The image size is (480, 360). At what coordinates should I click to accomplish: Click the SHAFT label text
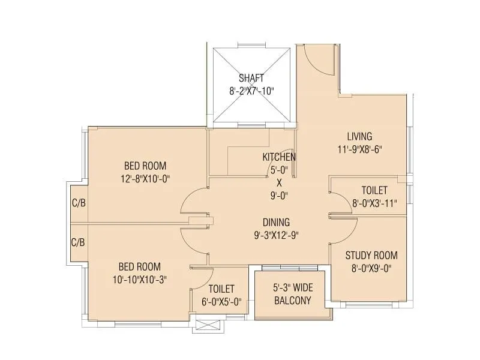pos(251,78)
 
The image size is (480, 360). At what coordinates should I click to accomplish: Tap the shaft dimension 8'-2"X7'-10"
pos(251,91)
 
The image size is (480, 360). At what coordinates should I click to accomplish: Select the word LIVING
pos(359,136)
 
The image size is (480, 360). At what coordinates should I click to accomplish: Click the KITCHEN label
pos(279,157)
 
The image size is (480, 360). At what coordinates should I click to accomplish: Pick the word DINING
pos(276,221)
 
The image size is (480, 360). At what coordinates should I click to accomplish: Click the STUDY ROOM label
pos(371,255)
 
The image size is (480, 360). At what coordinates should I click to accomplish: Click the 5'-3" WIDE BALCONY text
pos(293,294)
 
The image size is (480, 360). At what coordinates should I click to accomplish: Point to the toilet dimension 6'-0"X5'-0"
pos(221,302)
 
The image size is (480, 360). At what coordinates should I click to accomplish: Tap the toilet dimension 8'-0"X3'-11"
pos(374,202)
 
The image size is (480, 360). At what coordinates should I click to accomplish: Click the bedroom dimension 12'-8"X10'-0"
pos(145,178)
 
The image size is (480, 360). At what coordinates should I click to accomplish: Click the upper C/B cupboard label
pos(79,203)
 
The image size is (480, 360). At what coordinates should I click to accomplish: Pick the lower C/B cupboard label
pos(78,243)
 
